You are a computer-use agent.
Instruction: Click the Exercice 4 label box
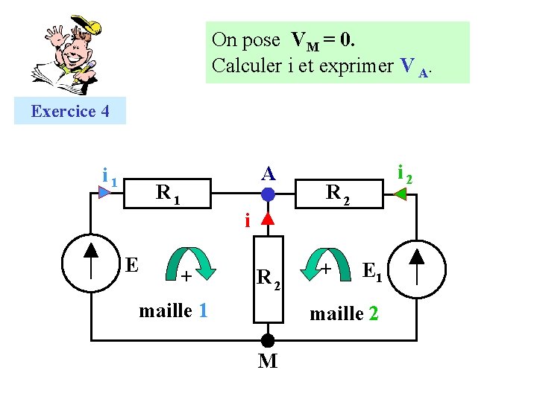pos(70,111)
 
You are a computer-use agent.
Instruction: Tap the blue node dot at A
pos(268,195)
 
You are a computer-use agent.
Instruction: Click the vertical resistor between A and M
pos(268,279)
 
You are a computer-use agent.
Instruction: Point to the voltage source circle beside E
pos(90,266)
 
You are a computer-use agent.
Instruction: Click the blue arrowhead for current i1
pos(104,192)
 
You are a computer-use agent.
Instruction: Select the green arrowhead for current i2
pos(400,194)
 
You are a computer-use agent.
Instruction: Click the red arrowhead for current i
pos(268,219)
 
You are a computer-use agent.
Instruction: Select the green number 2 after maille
pos(373,314)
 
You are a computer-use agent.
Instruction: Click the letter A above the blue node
pos(268,173)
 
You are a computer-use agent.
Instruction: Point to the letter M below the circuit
pos(268,362)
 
